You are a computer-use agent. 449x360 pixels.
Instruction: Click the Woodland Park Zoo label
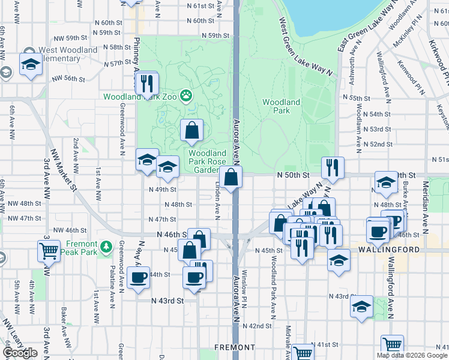[x=141, y=96]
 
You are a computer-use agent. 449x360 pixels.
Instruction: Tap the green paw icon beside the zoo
[x=187, y=94]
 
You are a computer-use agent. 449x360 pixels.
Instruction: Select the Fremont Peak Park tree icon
[x=106, y=245]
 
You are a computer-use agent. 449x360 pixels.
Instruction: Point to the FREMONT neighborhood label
[x=235, y=347]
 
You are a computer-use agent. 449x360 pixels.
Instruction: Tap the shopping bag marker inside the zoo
[x=192, y=130]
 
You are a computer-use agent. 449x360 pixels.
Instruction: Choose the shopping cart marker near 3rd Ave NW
[x=49, y=250]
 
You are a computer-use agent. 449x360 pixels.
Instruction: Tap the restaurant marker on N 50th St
[x=332, y=167]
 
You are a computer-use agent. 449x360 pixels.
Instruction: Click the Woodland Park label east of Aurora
[x=281, y=106]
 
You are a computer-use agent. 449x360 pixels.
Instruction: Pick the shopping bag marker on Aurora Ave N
[x=231, y=178]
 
